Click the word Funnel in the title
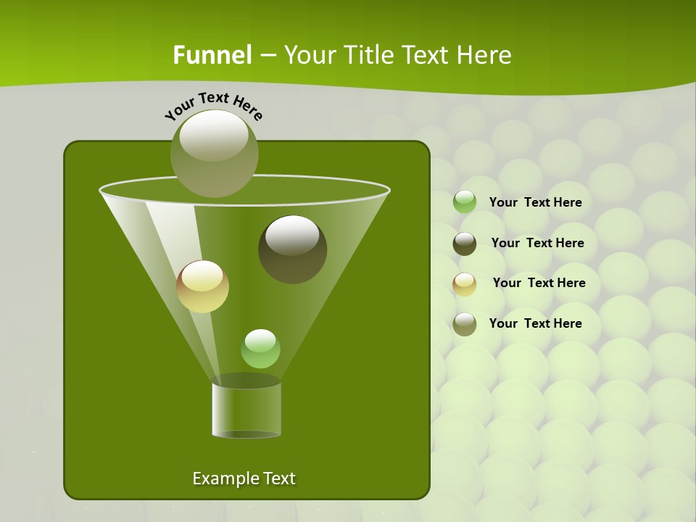(x=212, y=55)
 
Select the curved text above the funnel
(x=214, y=106)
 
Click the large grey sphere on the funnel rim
(x=214, y=154)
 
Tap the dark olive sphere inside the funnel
(x=292, y=249)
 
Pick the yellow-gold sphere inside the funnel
(x=202, y=286)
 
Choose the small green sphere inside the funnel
(x=260, y=349)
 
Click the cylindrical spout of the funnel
(x=246, y=410)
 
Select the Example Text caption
(x=244, y=478)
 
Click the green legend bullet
(x=465, y=202)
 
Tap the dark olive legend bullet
(x=465, y=244)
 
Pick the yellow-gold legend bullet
(x=465, y=284)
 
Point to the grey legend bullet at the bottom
(x=465, y=324)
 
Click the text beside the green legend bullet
(x=535, y=203)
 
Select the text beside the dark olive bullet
(x=537, y=244)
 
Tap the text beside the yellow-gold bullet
(x=539, y=283)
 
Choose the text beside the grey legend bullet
(x=535, y=323)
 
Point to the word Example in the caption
(x=221, y=478)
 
